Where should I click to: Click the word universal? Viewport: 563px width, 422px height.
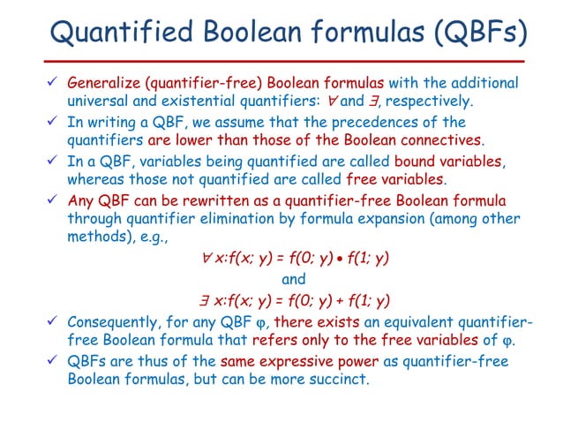[99, 101]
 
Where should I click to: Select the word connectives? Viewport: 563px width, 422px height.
[444, 139]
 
